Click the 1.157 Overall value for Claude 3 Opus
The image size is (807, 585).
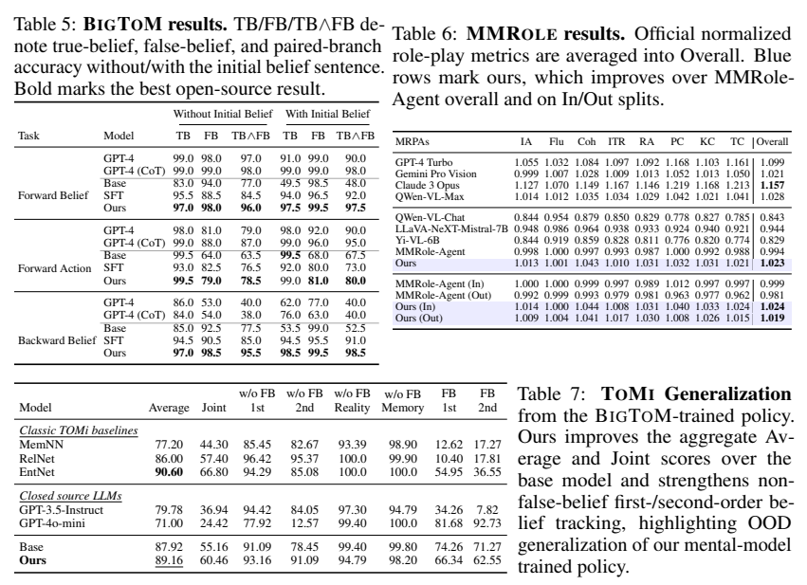click(x=772, y=185)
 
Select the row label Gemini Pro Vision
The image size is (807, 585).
click(x=436, y=174)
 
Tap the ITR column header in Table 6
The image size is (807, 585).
click(x=616, y=141)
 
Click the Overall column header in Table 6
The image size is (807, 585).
click(x=773, y=141)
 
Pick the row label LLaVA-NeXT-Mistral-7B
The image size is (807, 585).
click(x=451, y=229)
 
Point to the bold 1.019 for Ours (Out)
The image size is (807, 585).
click(x=772, y=318)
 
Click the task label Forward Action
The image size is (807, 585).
click(x=55, y=268)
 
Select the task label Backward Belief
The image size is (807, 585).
click(x=57, y=340)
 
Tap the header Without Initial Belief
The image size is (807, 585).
click(x=223, y=114)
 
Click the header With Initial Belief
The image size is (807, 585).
click(x=328, y=114)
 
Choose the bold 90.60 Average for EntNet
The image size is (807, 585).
click(x=169, y=472)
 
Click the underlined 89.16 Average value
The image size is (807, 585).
click(x=169, y=560)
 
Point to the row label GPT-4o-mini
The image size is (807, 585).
click(x=52, y=523)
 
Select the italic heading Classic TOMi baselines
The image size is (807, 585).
click(x=79, y=430)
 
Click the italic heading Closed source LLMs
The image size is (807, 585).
click(x=70, y=496)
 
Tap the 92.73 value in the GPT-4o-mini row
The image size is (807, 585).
click(x=486, y=523)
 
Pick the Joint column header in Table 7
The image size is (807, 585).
click(x=213, y=408)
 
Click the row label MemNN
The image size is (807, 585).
click(x=37, y=445)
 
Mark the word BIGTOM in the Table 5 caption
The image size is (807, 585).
click(x=122, y=25)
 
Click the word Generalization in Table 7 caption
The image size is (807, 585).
click(x=727, y=394)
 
